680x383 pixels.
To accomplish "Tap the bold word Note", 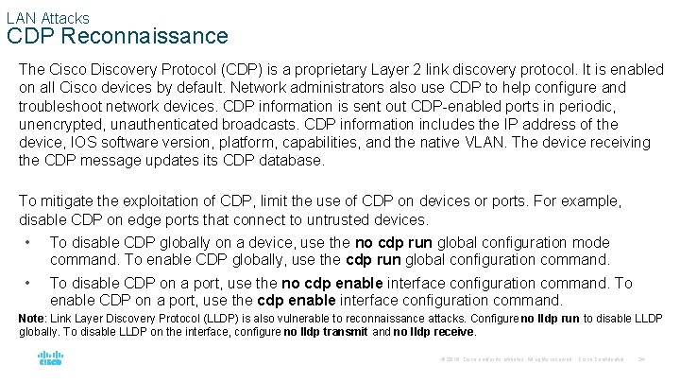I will [x=32, y=319].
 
